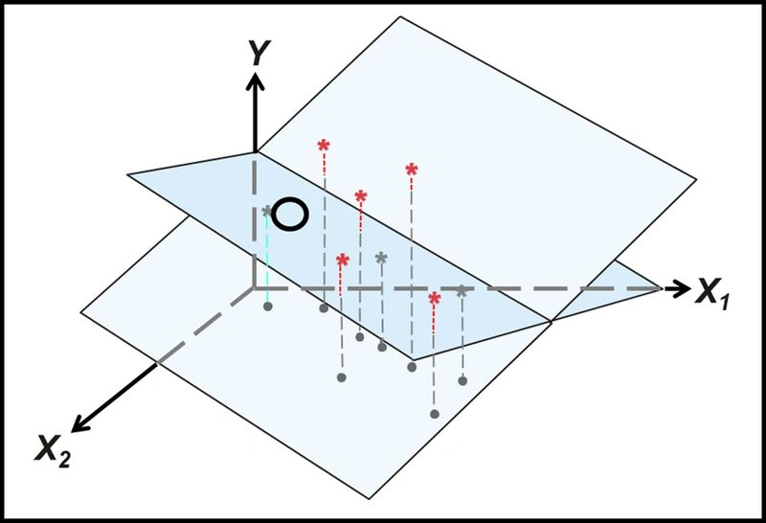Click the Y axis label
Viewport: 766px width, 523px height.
[x=259, y=54]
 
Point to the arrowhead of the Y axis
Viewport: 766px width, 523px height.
[x=255, y=81]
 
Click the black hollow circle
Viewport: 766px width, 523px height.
[x=290, y=215]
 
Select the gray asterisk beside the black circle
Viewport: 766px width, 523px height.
[x=267, y=212]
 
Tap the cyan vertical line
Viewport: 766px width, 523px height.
[x=267, y=259]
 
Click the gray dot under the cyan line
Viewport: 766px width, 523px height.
[x=268, y=307]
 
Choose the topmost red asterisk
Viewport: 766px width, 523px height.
[x=324, y=146]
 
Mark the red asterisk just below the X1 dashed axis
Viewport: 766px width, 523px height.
[x=435, y=298]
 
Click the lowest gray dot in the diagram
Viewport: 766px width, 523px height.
[x=435, y=414]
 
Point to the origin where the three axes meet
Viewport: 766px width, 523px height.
[x=254, y=288]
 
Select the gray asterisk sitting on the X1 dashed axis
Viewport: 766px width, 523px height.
[x=462, y=292]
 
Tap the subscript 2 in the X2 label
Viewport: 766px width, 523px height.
[x=64, y=460]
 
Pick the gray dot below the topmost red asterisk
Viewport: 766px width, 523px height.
[x=324, y=307]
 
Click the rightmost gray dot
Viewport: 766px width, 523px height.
[x=462, y=380]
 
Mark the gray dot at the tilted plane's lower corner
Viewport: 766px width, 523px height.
[x=412, y=366]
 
